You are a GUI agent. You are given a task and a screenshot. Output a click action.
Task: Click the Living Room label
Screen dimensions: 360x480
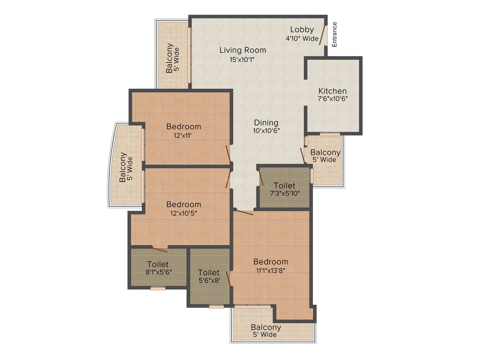[x=242, y=50]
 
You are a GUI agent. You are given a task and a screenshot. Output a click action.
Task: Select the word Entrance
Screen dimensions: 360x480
[x=334, y=34]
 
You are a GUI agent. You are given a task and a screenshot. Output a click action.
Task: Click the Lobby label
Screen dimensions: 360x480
[x=302, y=29]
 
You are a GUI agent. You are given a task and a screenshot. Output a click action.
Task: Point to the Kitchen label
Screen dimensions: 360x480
[x=332, y=91]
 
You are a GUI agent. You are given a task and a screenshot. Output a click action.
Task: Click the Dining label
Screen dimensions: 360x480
[x=266, y=122]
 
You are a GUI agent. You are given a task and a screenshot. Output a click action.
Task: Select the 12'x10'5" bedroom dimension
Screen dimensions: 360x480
[x=184, y=213]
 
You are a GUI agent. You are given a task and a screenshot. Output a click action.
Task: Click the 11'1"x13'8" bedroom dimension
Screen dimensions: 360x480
[x=271, y=271]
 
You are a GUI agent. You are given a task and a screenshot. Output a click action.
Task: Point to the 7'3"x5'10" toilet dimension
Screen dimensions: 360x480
[x=284, y=193]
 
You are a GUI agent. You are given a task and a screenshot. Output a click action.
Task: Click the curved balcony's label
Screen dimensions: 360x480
[x=123, y=167]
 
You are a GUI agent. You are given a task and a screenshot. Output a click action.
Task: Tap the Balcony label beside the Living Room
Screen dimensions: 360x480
[x=170, y=58]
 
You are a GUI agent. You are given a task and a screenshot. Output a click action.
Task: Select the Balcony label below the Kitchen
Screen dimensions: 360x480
[x=325, y=152]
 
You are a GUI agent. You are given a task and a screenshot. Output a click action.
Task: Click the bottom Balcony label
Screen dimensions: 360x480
[x=266, y=327]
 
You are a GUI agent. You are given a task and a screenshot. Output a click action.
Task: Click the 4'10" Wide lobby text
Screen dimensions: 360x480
[x=302, y=38]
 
